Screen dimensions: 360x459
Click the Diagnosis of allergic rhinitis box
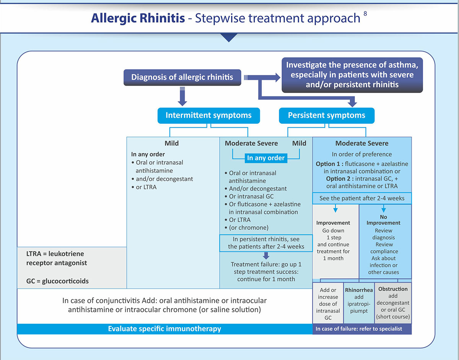[x=182, y=77]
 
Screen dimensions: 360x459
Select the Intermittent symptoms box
[x=208, y=115]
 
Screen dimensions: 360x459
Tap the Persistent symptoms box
[x=326, y=115]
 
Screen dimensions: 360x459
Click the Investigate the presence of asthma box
[x=352, y=75]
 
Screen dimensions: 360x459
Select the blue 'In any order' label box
[x=266, y=158]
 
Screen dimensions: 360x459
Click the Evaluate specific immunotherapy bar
[x=164, y=329]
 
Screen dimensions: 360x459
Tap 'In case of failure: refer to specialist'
[x=359, y=329]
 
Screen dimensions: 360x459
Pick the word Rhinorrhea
[x=359, y=290]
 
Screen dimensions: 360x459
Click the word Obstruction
[x=392, y=289]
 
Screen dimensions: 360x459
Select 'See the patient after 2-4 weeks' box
[x=362, y=198]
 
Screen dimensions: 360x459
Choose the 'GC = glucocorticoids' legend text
[x=55, y=281]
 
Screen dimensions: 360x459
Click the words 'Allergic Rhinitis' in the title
[x=138, y=18]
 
